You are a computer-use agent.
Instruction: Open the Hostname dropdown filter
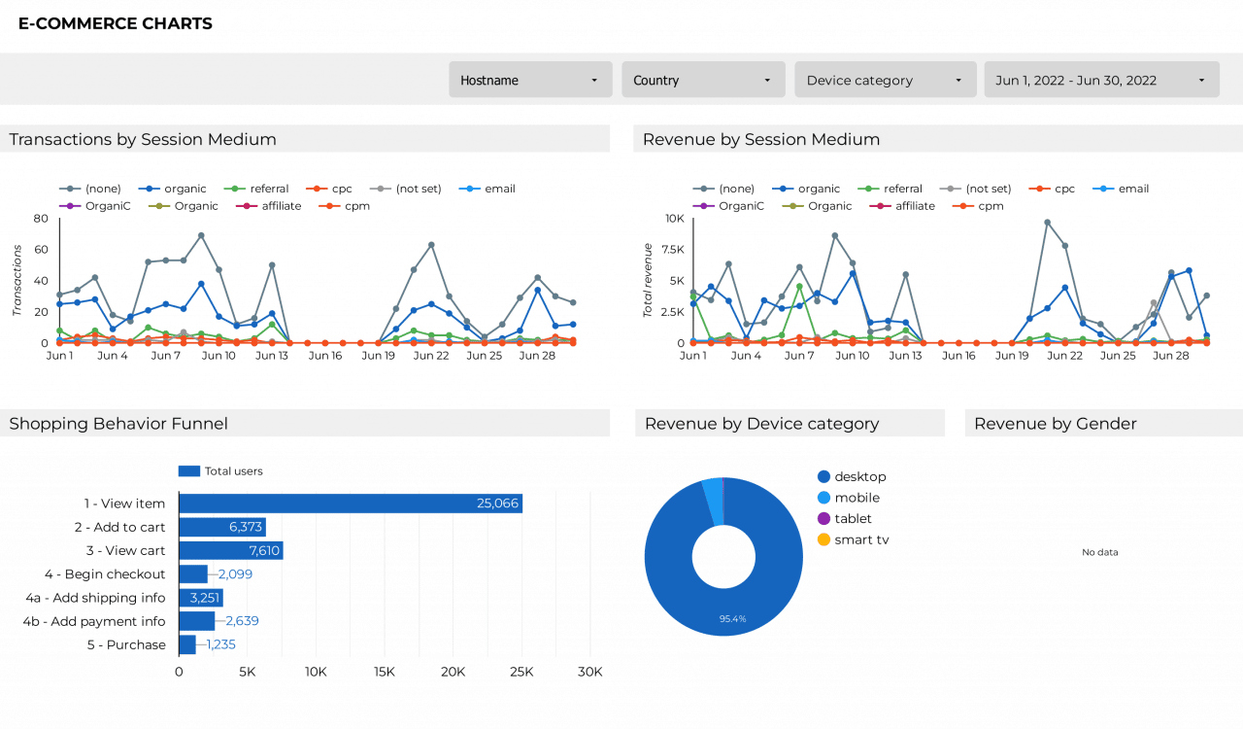[x=530, y=80]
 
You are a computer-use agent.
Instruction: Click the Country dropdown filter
[x=703, y=80]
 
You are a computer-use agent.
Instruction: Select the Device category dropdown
[x=885, y=80]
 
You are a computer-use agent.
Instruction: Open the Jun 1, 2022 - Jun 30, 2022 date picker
[x=1101, y=80]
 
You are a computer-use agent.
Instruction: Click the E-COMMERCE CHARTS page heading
[x=116, y=23]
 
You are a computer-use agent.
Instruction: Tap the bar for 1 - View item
[x=350, y=503]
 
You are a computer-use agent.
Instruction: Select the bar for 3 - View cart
[x=230, y=550]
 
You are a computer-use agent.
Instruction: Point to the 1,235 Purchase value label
[x=220, y=644]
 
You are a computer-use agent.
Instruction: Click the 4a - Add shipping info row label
[x=94, y=598]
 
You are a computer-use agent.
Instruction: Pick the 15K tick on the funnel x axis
[x=385, y=672]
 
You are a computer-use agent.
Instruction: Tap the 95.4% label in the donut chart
[x=732, y=618]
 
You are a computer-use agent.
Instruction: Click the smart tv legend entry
[x=861, y=539]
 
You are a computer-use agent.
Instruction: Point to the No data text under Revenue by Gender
[x=1100, y=552]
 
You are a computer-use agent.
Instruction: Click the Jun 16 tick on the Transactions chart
[x=324, y=356]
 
